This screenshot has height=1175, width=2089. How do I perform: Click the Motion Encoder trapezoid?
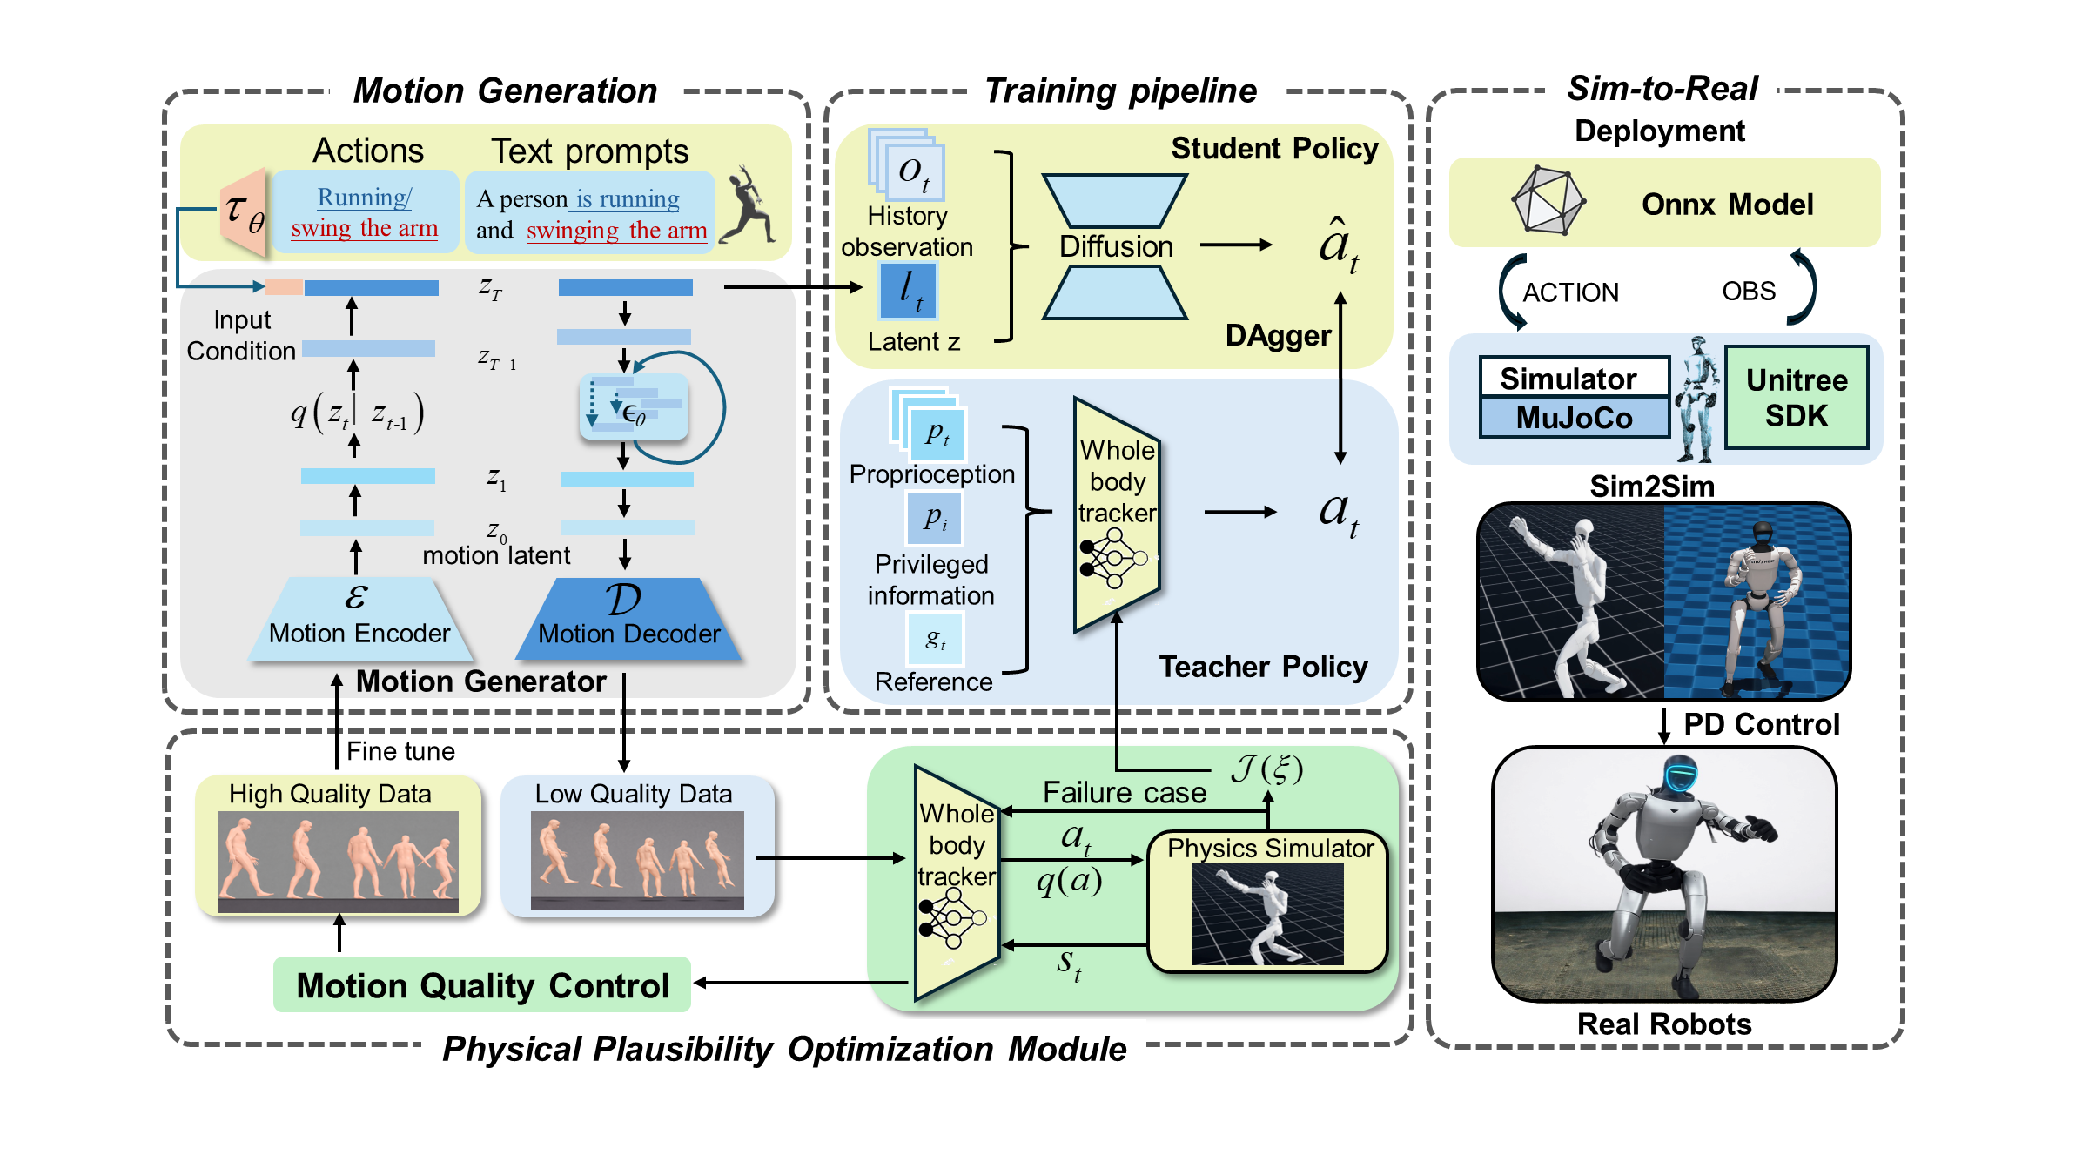tap(359, 620)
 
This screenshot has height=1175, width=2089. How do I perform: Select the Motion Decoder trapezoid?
tap(628, 620)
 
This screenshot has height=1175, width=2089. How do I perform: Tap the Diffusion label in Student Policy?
tap(1116, 247)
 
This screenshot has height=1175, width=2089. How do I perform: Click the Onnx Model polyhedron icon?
tap(1548, 201)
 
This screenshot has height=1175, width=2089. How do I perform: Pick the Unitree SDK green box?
tap(1797, 398)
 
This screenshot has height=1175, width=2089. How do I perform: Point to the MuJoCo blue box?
tap(1574, 418)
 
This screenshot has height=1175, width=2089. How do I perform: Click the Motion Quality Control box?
tap(482, 985)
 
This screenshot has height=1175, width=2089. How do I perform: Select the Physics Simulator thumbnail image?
tap(1267, 914)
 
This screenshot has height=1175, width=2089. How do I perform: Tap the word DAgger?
tap(1278, 336)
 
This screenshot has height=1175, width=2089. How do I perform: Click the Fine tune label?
tap(400, 751)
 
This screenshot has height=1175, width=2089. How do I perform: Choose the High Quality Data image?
tap(338, 862)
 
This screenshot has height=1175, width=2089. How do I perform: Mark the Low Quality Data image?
tap(637, 861)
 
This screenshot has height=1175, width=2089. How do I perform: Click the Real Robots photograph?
tap(1664, 875)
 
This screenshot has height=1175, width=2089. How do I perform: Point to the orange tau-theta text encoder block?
tap(245, 211)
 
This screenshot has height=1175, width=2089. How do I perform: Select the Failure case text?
tap(1125, 793)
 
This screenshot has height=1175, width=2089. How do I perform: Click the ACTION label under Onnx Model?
tap(1570, 292)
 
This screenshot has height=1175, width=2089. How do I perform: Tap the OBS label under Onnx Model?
tap(1749, 291)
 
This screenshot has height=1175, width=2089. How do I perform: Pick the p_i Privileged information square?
tap(935, 519)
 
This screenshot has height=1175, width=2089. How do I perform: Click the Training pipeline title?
tap(1120, 91)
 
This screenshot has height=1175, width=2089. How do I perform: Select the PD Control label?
tap(1761, 724)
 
